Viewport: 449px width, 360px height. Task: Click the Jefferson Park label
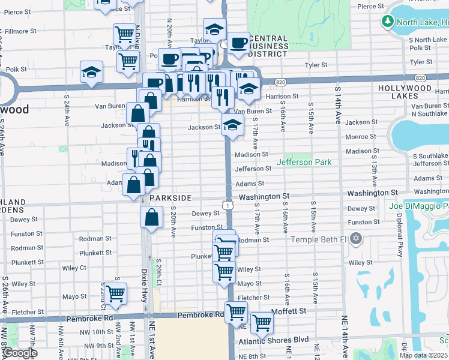coord(304,162)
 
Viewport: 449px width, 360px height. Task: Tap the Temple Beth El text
coord(319,239)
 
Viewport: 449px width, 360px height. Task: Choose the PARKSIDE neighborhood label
coord(170,197)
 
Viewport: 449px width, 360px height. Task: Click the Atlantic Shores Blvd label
coord(273,340)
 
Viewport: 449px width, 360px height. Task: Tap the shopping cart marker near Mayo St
coord(115,293)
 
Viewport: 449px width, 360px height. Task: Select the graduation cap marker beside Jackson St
coord(232,125)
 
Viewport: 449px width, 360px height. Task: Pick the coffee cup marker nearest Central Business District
coord(238,43)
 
